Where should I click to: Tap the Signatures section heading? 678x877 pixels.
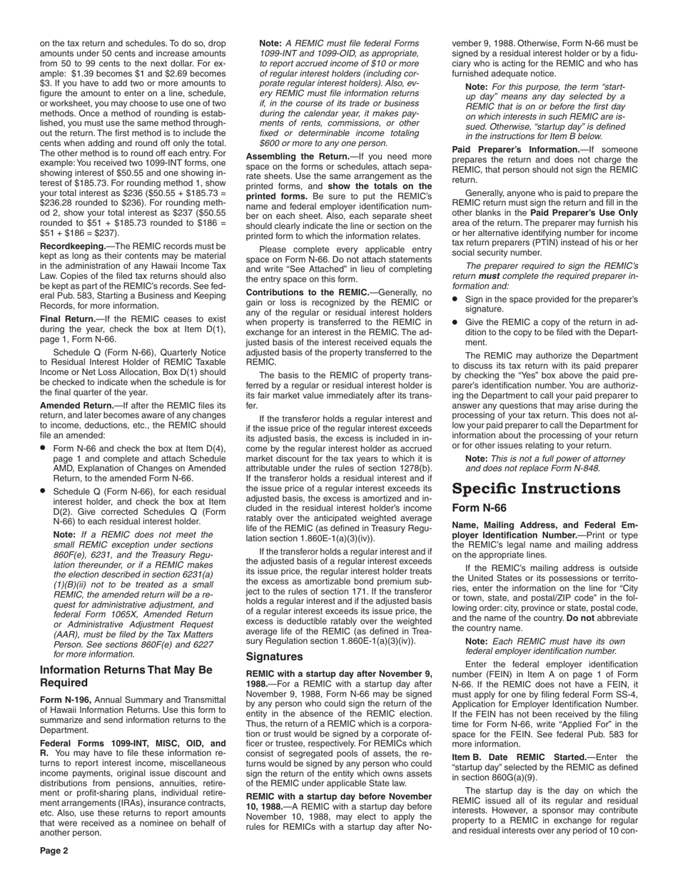click(274, 656)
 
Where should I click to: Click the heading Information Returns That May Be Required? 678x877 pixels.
click(126, 676)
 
